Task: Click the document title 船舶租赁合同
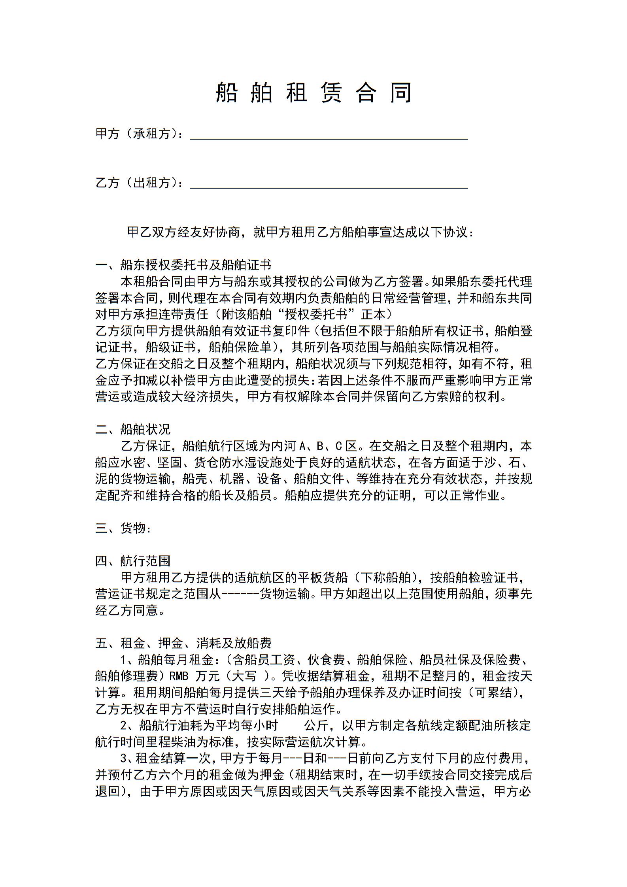click(314, 93)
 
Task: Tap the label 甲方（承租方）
click(139, 134)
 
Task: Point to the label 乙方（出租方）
click(139, 183)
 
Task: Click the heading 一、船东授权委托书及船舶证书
click(183, 264)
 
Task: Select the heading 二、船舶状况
click(133, 429)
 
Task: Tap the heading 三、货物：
click(123, 528)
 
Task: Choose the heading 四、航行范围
click(133, 561)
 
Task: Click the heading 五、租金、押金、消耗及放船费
click(183, 644)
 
